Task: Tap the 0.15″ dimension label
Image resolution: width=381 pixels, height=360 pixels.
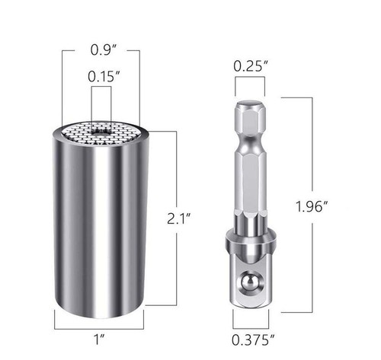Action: tap(101, 77)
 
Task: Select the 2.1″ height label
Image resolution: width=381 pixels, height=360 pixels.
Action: tap(181, 218)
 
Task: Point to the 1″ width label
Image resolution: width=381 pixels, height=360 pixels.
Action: tap(101, 333)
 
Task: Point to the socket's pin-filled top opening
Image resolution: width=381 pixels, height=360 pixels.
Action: tap(100, 132)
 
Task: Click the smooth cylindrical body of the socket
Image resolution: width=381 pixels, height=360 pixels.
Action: tap(100, 228)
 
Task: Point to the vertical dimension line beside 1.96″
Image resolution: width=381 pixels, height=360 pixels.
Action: tap(311, 152)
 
